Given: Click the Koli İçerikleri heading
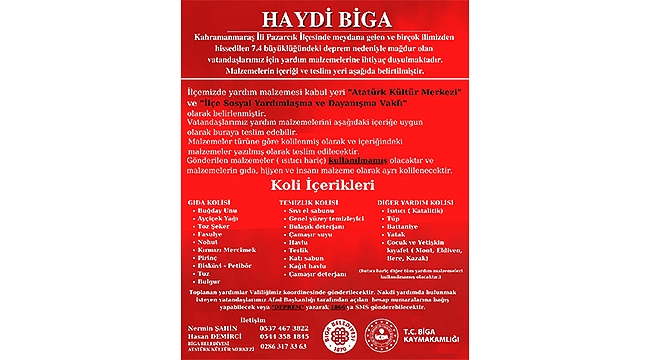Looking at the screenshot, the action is (325, 186).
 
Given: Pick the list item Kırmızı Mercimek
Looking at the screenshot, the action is (227, 250).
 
